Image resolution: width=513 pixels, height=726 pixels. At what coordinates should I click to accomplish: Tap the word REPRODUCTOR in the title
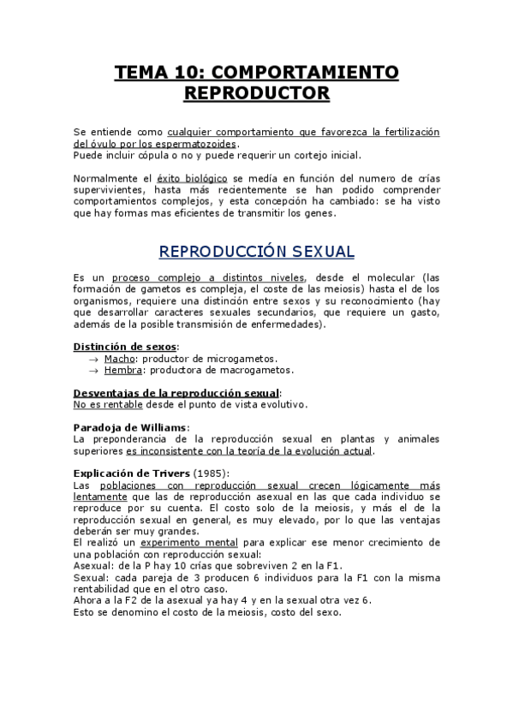coord(257,92)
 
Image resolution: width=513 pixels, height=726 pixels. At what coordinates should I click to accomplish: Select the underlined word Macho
coord(120,358)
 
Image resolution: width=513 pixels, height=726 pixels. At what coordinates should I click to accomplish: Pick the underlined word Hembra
coord(123,370)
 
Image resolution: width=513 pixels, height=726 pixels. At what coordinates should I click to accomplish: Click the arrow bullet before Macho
coord(93,359)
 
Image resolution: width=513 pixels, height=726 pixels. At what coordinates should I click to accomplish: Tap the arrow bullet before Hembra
coord(93,371)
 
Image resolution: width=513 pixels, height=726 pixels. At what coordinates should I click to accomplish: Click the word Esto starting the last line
coord(85,612)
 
